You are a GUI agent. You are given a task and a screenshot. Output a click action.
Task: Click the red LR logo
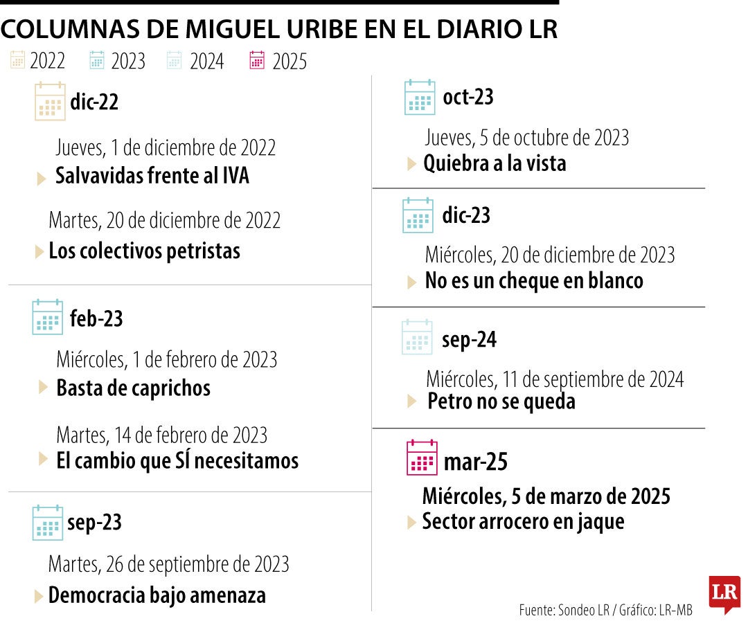pos(724,593)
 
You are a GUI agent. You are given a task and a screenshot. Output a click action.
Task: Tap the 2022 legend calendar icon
pos(17,60)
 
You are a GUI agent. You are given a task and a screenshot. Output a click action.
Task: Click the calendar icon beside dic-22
pos(50,102)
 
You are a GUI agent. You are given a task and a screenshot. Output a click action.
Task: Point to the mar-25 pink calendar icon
pos(422,458)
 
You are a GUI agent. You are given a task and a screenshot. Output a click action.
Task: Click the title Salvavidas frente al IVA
pos(152,176)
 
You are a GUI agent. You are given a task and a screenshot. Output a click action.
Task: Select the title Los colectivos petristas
pos(144,251)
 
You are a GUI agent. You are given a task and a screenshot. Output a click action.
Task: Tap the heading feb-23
pos(96,318)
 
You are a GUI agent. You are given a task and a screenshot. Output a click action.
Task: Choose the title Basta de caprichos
pos(133,388)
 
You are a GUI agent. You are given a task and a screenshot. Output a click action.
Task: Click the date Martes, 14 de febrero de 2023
pos(161,435)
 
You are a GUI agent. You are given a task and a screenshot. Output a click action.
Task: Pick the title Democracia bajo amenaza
pos(157,595)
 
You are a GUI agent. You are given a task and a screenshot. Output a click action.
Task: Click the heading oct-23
pos(468,97)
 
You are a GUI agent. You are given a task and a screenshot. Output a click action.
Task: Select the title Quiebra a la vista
pos(495,163)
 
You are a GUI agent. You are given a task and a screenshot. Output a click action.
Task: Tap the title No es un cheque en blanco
pos(534,281)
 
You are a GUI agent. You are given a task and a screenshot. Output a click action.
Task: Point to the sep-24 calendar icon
pos(417,337)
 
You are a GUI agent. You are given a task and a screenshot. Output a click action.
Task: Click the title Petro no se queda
pos(501,401)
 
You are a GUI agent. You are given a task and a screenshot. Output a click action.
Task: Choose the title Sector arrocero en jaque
pos(523,521)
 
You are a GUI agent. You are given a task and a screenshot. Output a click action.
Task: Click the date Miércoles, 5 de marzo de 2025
pos(546,496)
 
